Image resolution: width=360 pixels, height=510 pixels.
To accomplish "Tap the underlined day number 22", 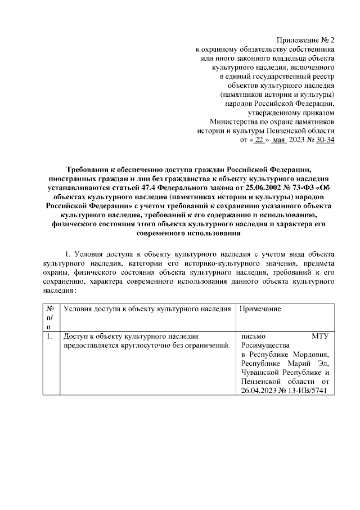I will coord(259,140).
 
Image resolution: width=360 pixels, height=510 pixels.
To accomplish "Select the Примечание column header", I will coord(260,310).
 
